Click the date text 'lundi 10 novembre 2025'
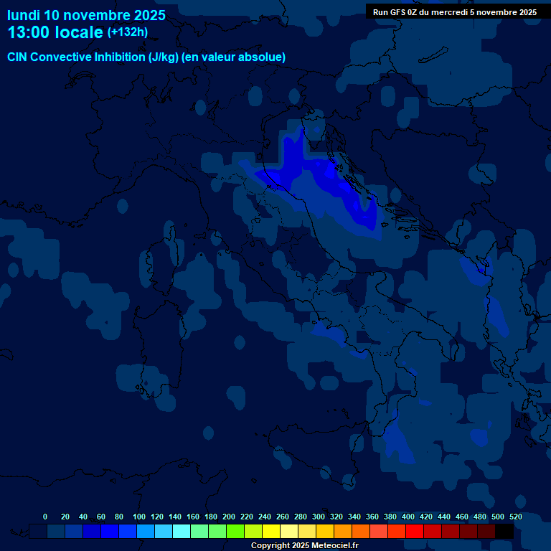point(86,15)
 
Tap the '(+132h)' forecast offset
point(127,32)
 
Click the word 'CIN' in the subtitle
point(18,57)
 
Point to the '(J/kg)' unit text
point(163,57)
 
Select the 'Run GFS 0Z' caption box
point(455,12)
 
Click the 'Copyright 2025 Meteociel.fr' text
point(304,546)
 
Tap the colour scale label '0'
point(45,517)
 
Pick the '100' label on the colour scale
point(139,517)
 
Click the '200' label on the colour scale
point(229,517)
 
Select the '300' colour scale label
point(319,517)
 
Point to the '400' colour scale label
point(408,517)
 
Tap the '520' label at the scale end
point(515,517)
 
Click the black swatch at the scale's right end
point(504,532)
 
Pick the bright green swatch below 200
point(235,532)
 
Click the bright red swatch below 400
point(415,532)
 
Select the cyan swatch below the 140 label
point(182,532)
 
